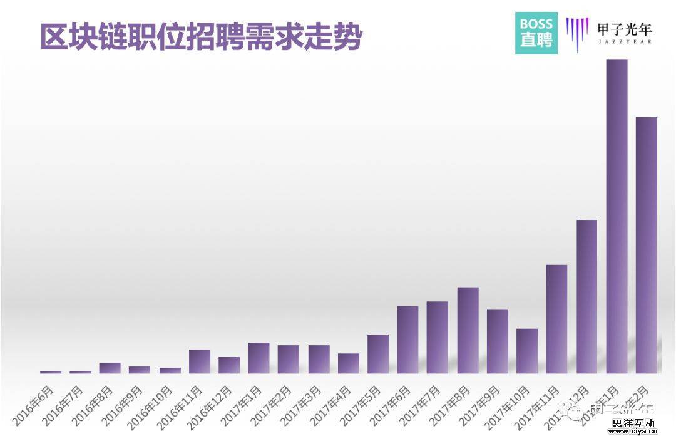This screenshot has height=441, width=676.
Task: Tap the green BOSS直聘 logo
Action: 536,33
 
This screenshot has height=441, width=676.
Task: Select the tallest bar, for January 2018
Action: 617,216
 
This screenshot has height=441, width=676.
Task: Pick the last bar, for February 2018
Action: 647,245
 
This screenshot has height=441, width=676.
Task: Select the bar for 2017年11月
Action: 556,319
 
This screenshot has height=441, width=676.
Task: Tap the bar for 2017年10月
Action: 527,351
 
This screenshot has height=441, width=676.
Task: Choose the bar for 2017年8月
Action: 468,330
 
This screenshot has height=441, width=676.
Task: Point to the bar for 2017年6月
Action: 407,340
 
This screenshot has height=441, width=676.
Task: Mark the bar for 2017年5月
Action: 378,354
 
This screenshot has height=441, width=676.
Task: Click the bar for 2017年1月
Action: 259,358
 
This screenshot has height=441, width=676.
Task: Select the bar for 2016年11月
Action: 200,361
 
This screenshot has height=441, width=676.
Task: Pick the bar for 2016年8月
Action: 110,368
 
